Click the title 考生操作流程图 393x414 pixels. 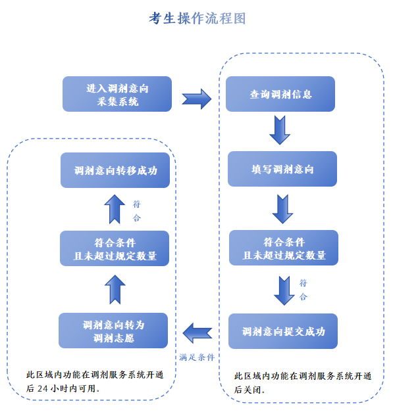click(197, 18)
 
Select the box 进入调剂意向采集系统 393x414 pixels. click(117, 94)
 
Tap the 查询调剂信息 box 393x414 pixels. click(280, 94)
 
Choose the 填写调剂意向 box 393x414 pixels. click(282, 169)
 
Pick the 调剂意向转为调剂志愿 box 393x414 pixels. click(113, 331)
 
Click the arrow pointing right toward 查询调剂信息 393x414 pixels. click(197, 99)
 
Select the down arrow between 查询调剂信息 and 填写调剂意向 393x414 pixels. click(280, 130)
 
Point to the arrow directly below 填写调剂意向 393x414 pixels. click(282, 208)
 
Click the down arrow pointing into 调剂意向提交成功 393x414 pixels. click(284, 290)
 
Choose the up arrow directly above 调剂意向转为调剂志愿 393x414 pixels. click(115, 290)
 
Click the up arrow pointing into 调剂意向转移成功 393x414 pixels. click(115, 209)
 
